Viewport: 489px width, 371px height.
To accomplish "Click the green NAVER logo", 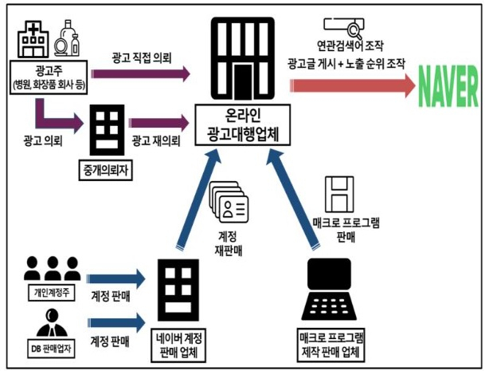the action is [x=448, y=86].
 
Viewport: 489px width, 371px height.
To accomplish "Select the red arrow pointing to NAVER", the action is [x=352, y=85].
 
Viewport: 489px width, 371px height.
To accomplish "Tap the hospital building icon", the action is [x=33, y=39].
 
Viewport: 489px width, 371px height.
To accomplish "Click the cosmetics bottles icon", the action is [x=67, y=38].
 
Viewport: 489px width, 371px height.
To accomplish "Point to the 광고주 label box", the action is [x=49, y=77].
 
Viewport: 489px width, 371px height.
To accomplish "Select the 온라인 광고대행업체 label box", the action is [x=243, y=125].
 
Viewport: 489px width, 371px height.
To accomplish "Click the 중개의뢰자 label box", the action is [x=105, y=170].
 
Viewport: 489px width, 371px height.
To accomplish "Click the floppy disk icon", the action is [x=339, y=195].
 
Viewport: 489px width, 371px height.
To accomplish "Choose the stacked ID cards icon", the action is [x=229, y=202].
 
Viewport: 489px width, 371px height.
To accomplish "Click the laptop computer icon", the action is [x=329, y=290].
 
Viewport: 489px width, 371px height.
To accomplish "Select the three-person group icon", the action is [x=52, y=268].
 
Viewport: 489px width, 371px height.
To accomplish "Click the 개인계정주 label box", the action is [x=52, y=293].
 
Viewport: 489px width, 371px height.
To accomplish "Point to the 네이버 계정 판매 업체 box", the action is [x=178, y=345].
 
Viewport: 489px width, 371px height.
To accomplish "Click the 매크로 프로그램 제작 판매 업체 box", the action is [x=331, y=345].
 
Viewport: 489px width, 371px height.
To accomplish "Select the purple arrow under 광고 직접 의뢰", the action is [x=141, y=73].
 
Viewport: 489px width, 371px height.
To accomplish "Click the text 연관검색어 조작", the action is [x=350, y=46].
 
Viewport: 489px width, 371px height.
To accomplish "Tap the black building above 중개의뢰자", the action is [x=107, y=130].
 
